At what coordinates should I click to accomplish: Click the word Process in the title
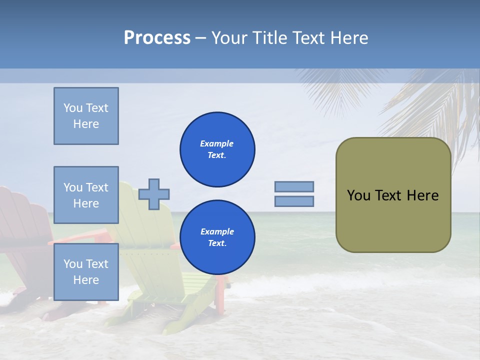157,38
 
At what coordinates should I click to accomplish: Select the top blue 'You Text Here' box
86,116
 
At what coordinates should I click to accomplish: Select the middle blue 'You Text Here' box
86,195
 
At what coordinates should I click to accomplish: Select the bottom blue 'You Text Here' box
86,271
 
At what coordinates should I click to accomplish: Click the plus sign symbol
154,194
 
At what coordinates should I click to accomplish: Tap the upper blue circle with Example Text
217,149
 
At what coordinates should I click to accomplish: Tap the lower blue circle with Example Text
217,237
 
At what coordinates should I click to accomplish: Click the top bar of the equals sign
294,187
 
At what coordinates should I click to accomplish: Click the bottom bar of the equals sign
294,201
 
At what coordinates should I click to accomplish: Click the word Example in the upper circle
217,143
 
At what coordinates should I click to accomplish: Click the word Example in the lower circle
217,231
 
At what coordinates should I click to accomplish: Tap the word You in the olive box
358,195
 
